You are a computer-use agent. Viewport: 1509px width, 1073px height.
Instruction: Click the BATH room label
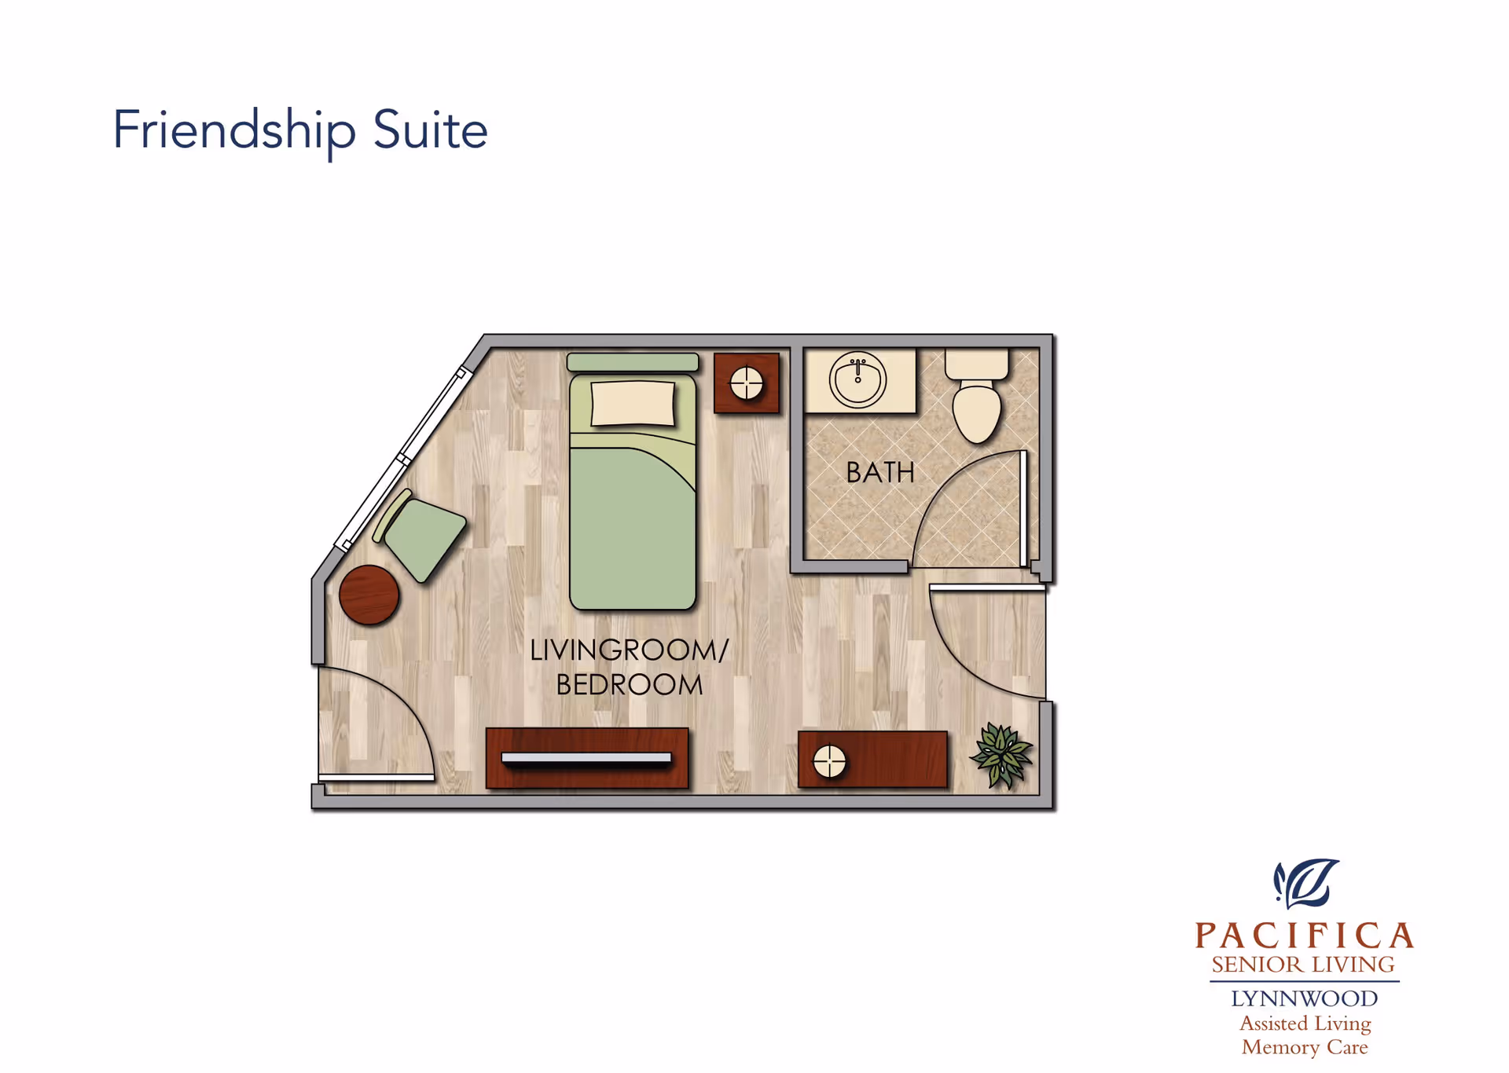point(880,473)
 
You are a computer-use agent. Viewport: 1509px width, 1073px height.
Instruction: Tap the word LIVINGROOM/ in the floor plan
point(630,650)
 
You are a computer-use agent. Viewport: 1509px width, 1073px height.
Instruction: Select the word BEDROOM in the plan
point(630,685)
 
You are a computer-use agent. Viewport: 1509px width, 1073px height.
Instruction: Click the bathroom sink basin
point(857,380)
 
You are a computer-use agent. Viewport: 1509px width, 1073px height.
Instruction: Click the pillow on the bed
point(633,404)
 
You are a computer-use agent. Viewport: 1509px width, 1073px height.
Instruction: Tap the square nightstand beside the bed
point(747,383)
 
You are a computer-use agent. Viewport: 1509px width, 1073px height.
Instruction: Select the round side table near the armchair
point(369,595)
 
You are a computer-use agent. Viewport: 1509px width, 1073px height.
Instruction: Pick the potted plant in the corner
point(1001,755)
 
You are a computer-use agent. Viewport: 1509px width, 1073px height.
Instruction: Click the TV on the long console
point(586,758)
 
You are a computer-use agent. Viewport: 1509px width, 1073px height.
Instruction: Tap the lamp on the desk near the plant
point(829,761)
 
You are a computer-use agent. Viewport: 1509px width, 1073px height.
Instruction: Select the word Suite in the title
point(431,130)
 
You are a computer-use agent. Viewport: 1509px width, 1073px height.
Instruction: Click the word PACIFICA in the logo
point(1305,936)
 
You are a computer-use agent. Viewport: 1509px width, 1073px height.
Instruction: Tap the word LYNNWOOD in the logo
point(1305,999)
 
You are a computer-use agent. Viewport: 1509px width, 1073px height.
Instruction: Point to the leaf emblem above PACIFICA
point(1305,884)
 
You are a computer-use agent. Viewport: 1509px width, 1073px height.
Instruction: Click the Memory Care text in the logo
point(1305,1047)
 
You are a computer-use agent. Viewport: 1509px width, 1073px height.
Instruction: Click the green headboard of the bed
point(633,362)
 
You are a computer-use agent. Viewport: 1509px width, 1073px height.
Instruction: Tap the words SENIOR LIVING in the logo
point(1303,965)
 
